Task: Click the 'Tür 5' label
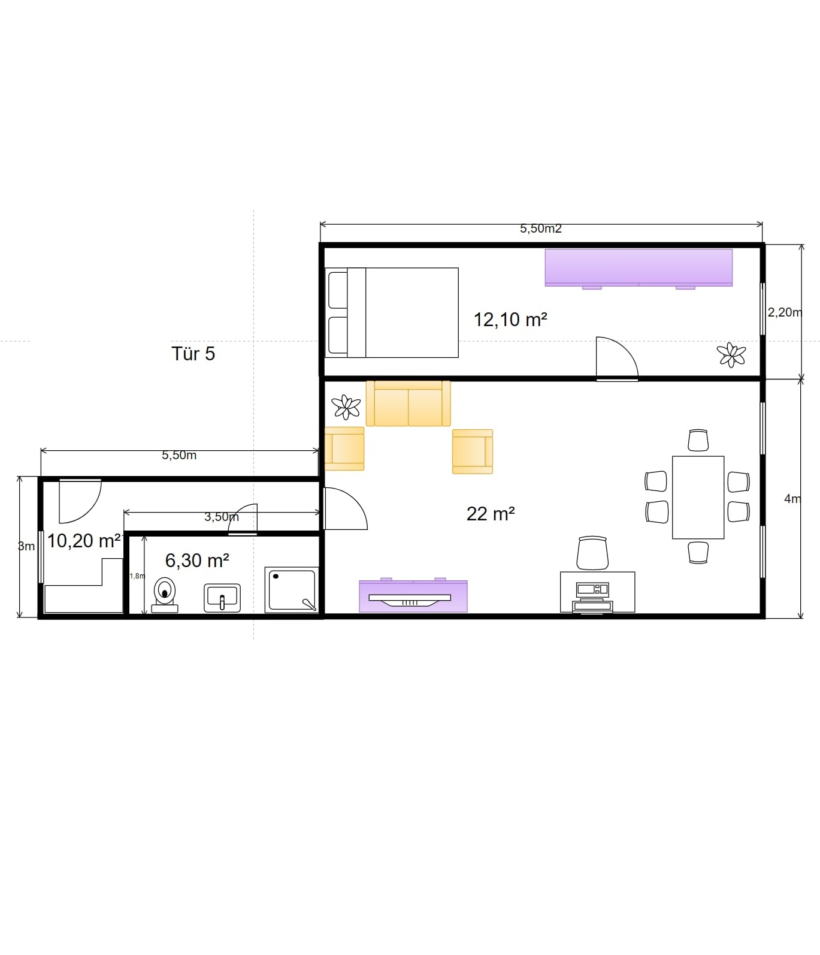[193, 354]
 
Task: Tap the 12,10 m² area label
[510, 320]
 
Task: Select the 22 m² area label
[491, 514]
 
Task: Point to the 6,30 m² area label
[197, 561]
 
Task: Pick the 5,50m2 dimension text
[540, 228]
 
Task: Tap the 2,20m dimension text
[785, 312]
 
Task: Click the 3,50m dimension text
[222, 517]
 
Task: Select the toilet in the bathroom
[164, 595]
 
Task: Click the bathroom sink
[222, 598]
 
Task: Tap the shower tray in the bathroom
[292, 591]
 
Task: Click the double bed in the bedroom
[392, 312]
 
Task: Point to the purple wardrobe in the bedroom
[639, 268]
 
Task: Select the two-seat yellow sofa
[408, 403]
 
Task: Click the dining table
[698, 498]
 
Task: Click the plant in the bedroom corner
[731, 355]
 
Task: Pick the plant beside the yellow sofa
[346, 407]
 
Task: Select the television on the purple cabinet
[410, 599]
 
